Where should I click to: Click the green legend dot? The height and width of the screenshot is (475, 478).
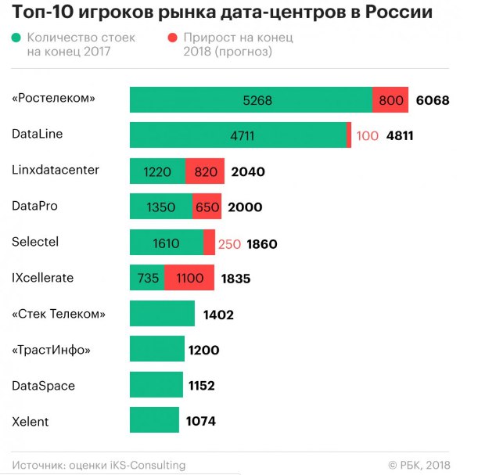click(16, 38)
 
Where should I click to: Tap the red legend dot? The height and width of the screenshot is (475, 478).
click(171, 38)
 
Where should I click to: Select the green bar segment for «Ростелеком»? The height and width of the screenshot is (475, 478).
click(250, 100)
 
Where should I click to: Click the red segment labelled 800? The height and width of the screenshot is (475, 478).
click(390, 100)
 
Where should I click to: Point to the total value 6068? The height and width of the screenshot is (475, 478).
click(433, 100)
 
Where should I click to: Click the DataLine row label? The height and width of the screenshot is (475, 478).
click(38, 134)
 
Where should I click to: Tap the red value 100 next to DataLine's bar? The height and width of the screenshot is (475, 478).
click(367, 135)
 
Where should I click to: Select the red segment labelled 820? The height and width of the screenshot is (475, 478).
click(204, 171)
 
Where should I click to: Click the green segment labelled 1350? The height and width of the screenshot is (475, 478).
click(160, 207)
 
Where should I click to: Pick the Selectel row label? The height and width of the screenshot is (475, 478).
click(35, 242)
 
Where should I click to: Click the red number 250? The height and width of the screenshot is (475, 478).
click(229, 244)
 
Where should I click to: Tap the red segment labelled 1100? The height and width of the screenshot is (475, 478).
click(189, 278)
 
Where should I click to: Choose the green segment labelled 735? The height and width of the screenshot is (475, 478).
click(147, 278)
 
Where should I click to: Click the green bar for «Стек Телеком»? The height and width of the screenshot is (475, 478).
click(162, 314)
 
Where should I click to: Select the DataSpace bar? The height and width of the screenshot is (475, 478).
click(156, 385)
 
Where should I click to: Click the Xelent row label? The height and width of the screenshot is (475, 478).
click(31, 422)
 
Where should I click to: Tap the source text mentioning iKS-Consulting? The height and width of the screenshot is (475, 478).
click(99, 465)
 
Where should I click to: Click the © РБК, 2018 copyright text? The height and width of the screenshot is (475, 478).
click(426, 465)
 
